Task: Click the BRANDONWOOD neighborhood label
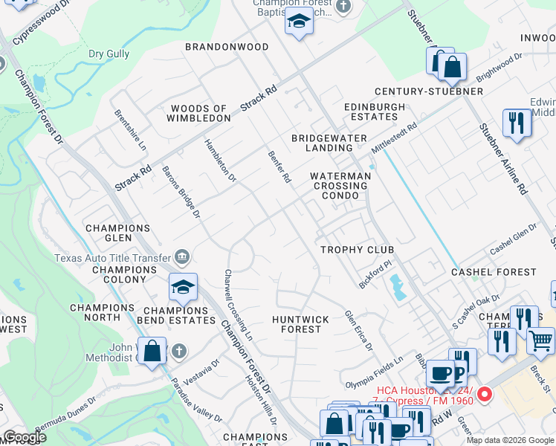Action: pos(227,47)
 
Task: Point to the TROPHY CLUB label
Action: pos(357,250)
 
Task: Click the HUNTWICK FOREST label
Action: pos(300,324)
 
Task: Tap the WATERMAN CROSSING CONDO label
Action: pos(340,186)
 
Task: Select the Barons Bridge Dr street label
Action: pos(182,193)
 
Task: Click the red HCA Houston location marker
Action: pos(485,393)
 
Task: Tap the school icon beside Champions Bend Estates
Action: pos(183,286)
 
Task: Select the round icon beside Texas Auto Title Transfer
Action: pos(182,258)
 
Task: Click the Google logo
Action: pos(25,437)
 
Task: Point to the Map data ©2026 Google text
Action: pos(510,440)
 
